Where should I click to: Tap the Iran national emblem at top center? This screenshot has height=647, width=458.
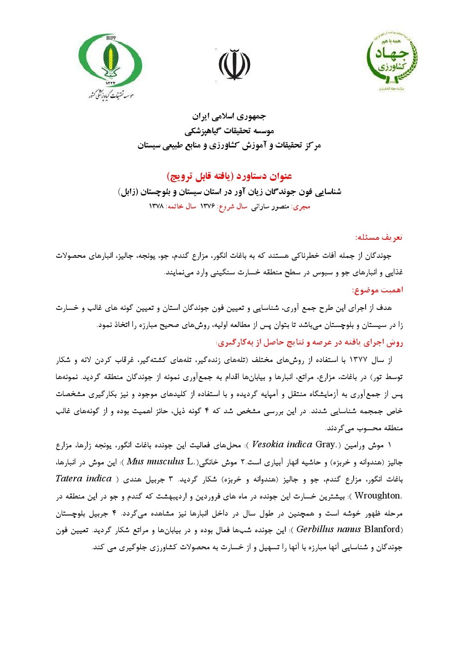234,65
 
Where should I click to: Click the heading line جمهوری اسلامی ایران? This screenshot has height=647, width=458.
229,116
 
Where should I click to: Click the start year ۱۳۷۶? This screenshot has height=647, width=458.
208,207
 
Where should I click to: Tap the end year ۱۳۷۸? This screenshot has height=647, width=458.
157,207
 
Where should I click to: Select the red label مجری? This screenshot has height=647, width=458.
302,207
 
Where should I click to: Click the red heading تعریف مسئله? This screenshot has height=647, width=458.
379,237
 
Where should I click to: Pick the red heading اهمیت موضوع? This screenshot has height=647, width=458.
377,290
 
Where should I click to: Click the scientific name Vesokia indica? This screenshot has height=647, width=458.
282,445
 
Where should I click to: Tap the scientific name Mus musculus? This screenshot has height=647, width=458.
155,462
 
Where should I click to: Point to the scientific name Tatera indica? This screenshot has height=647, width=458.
84,479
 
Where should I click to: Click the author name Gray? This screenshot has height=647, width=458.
325,445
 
